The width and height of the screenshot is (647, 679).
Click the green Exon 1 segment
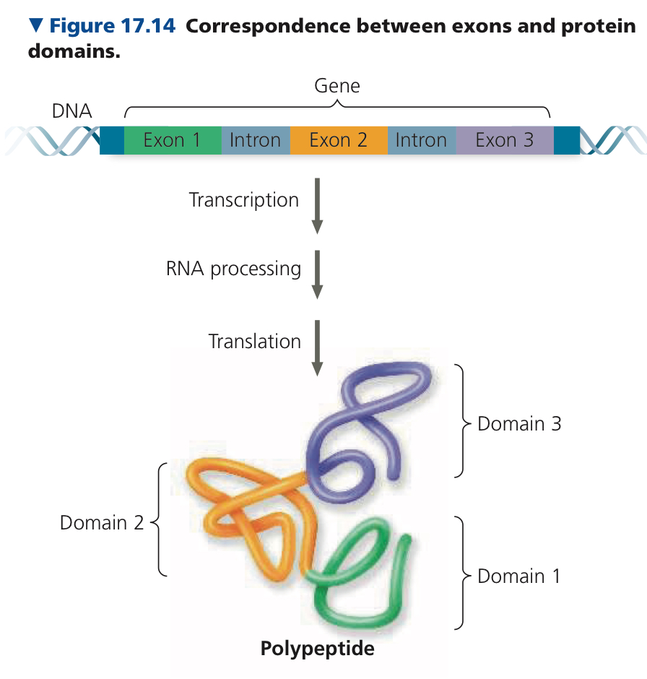(173, 140)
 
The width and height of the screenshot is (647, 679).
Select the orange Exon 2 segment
(339, 140)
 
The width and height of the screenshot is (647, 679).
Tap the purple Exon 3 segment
(505, 140)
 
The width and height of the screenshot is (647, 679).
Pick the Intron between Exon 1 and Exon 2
(256, 140)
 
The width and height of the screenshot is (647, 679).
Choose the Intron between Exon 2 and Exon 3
(422, 140)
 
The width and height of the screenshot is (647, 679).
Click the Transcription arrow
(317, 206)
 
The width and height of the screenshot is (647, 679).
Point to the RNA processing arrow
(317, 274)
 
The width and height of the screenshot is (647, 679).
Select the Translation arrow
(317, 348)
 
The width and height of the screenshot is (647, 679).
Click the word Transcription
(244, 201)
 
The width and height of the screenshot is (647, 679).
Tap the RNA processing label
(233, 269)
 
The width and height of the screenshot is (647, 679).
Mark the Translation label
(254, 341)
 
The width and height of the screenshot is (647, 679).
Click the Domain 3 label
(519, 423)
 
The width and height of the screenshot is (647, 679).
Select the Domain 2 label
(102, 523)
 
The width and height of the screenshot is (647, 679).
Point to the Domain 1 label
(519, 576)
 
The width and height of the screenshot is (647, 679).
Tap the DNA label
(71, 111)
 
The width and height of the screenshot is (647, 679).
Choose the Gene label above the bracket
(337, 86)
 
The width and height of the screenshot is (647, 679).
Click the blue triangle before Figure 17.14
(36, 25)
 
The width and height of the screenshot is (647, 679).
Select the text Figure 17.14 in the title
(113, 25)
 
